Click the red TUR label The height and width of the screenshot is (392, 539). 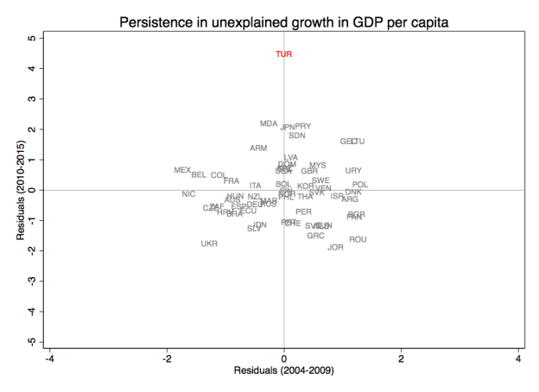coord(284,54)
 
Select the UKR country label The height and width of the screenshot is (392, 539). coord(209,243)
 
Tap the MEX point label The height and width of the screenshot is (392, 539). coord(182,170)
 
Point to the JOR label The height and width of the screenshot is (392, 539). coord(336,247)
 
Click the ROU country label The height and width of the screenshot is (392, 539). coord(358,239)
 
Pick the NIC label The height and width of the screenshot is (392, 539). coord(188,194)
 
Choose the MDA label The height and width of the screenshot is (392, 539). coord(269,123)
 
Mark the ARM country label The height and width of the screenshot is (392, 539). coord(258,149)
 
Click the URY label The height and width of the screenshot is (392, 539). coord(353,171)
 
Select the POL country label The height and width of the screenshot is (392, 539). coord(360,185)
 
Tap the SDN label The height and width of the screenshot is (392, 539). coord(297,136)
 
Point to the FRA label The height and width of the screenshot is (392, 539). coord(231,181)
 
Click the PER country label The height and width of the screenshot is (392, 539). coord(303,212)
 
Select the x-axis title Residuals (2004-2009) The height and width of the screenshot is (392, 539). coord(284,371)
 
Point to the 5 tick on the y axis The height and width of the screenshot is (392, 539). coord(31,39)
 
